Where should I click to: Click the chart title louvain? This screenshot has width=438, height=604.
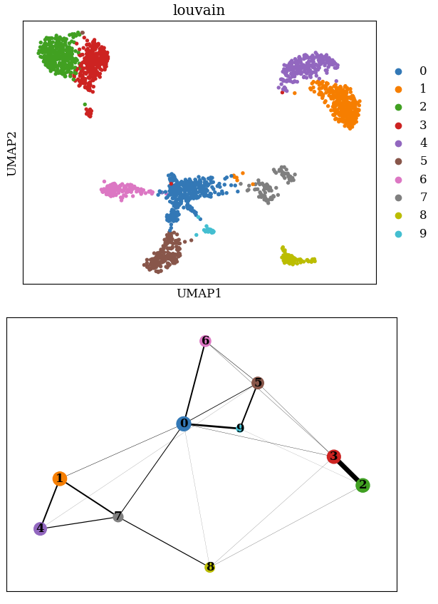tap(199, 10)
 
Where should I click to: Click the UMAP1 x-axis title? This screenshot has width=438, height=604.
tap(199, 294)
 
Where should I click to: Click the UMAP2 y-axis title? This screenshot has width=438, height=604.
tap(11, 153)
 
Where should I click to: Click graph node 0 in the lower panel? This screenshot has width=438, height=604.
tap(184, 424)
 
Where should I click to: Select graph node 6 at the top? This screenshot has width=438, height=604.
tap(205, 341)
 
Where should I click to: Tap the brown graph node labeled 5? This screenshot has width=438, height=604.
tap(258, 383)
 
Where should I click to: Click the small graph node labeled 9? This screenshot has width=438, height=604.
tap(240, 429)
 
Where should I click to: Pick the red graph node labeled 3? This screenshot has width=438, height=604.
tap(333, 456)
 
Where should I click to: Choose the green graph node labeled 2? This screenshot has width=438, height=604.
tap(363, 485)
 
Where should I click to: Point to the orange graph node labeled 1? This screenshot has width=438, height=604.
tap(60, 478)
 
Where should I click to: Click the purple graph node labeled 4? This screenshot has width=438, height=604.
tap(40, 528)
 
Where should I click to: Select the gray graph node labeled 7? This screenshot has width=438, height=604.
tap(118, 516)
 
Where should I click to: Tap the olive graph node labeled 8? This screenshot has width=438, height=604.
tap(209, 567)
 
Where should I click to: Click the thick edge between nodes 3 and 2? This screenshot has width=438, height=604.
tap(348, 471)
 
